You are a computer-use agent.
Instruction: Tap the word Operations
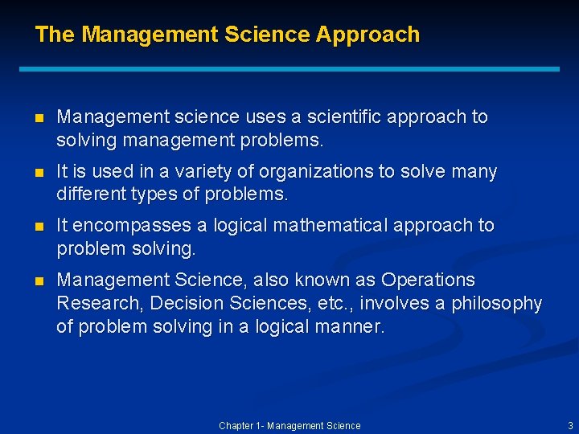pyautogui.click(x=428, y=280)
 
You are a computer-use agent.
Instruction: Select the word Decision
pyautogui.click(x=186, y=304)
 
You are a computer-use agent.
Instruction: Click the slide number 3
pyautogui.click(x=570, y=425)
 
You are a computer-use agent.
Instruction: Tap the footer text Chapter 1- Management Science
pyautogui.click(x=289, y=425)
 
